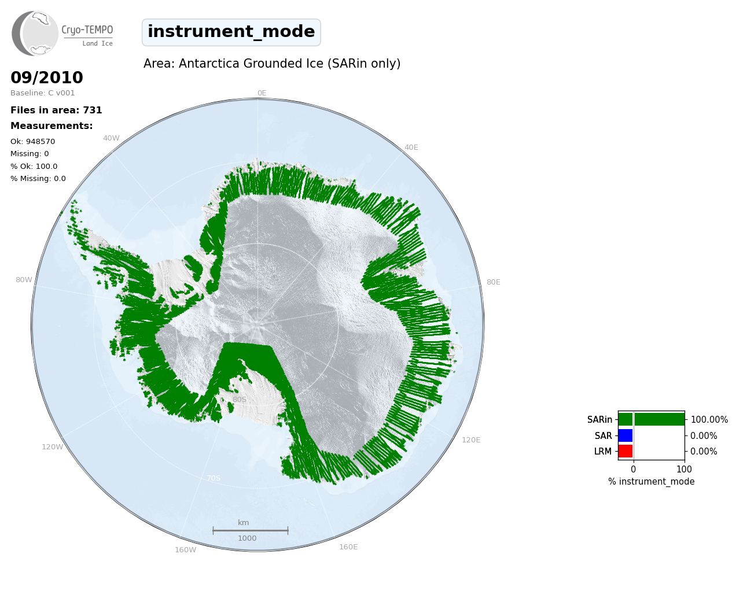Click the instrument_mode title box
[231, 32]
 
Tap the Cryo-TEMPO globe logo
[35, 33]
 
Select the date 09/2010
[47, 77]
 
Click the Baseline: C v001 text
[43, 93]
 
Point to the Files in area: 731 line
[56, 110]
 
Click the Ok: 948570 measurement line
[33, 141]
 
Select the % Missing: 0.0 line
[38, 179]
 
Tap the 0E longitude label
[262, 93]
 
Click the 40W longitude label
[111, 138]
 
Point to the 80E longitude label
[494, 282]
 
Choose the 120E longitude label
[471, 440]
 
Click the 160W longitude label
[185, 550]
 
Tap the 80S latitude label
[240, 400]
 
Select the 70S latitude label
[214, 478]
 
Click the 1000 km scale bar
[251, 530]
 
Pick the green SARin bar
[652, 419]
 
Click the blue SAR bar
[625, 435]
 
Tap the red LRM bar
[625, 451]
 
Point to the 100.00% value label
[709, 420]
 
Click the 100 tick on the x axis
[684, 469]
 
